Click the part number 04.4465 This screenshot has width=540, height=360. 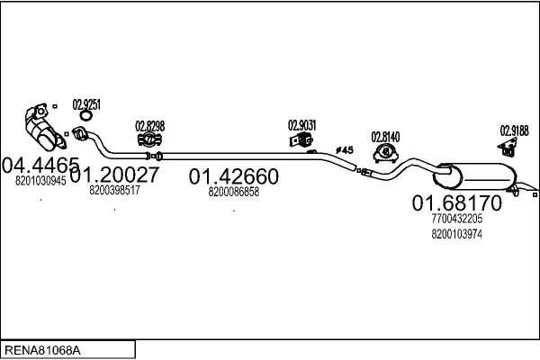point(41,165)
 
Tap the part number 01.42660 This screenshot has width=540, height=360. point(233,176)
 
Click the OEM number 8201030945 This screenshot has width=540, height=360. point(41,180)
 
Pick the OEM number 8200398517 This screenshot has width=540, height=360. point(114,190)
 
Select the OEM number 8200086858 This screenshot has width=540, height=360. point(233,192)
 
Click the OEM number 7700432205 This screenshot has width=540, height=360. point(456,218)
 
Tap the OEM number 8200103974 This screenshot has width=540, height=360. point(456,234)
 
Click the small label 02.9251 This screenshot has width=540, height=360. point(86,103)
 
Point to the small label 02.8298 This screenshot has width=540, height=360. point(149,125)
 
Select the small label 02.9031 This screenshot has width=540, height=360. point(301,125)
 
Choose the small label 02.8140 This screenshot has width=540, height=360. point(386,136)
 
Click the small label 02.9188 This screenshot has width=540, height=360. point(514,130)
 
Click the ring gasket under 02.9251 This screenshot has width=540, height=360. point(85,115)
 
